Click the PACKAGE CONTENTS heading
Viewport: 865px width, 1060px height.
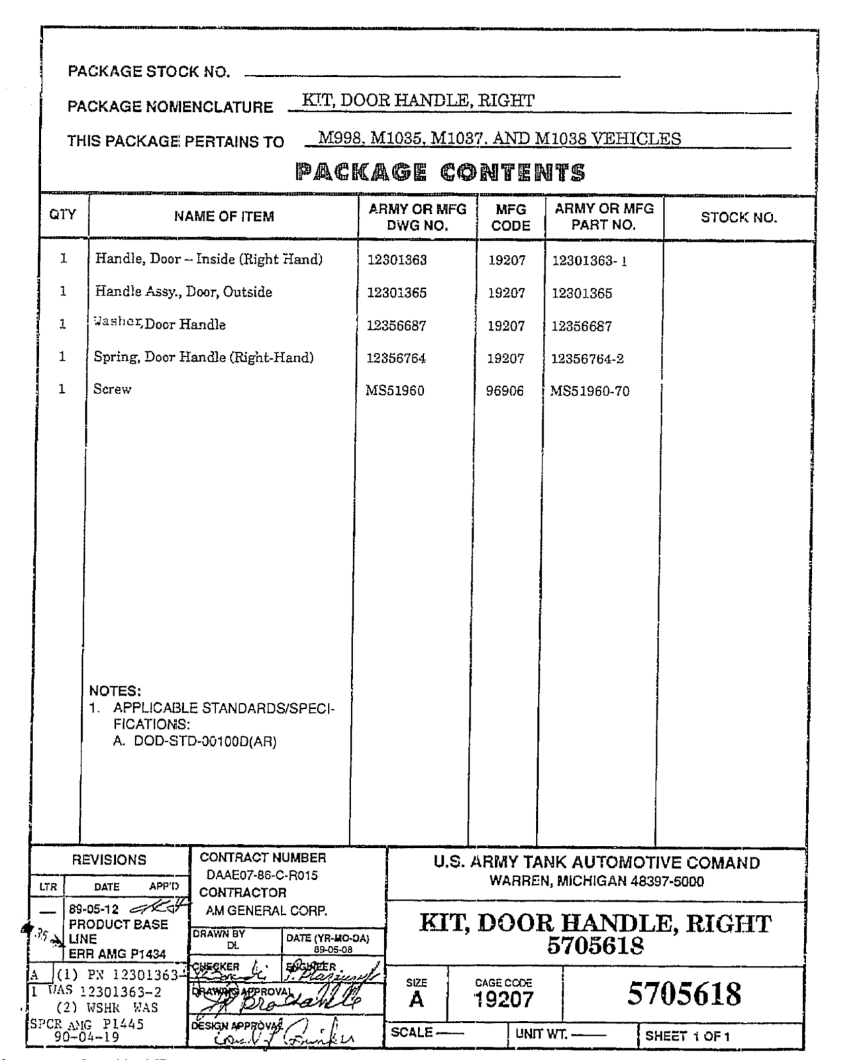440,173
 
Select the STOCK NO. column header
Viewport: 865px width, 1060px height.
738,218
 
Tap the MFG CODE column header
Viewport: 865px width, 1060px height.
511,217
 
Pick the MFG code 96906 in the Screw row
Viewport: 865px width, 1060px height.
505,391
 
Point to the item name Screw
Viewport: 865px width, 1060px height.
112,390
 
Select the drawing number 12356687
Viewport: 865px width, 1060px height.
397,326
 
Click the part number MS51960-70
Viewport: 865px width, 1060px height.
589,391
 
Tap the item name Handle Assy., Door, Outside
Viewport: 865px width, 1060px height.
183,292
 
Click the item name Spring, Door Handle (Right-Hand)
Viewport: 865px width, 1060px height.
203,357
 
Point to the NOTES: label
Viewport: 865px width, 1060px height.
115,691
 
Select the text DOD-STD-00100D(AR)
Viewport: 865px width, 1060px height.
205,741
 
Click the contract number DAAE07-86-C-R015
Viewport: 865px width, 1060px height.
262,875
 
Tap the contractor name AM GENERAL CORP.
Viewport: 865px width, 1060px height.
266,911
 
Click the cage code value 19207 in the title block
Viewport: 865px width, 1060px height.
503,1000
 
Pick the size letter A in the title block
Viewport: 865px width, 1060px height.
416,1000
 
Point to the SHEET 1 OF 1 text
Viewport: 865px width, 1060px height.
687,1036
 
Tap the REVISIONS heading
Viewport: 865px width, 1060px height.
109,860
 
